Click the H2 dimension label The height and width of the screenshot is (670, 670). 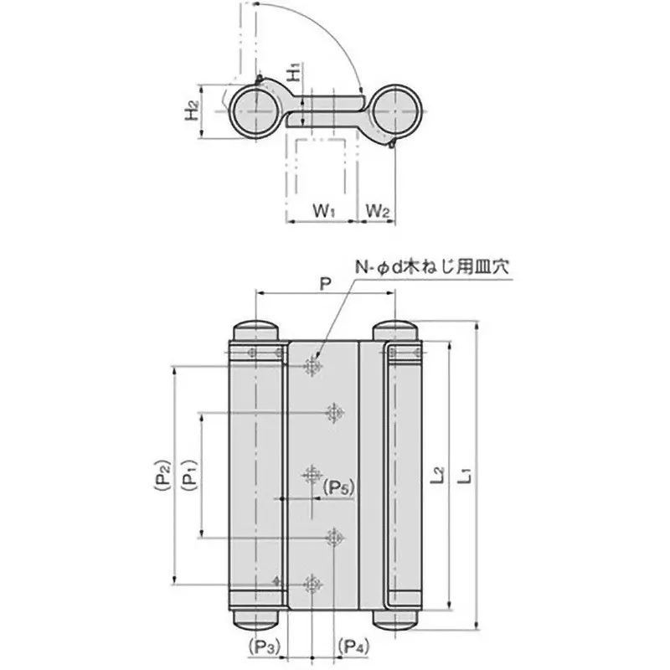click(193, 110)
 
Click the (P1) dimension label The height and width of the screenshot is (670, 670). click(189, 477)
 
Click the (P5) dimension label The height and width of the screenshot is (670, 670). click(339, 487)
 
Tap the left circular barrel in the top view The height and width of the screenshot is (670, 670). click(253, 110)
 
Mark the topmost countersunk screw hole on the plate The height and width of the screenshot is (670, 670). click(313, 366)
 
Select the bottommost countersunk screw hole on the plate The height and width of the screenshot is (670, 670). click(313, 585)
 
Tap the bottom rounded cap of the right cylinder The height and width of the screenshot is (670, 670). click(397, 621)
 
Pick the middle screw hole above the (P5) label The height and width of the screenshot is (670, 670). click(313, 475)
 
